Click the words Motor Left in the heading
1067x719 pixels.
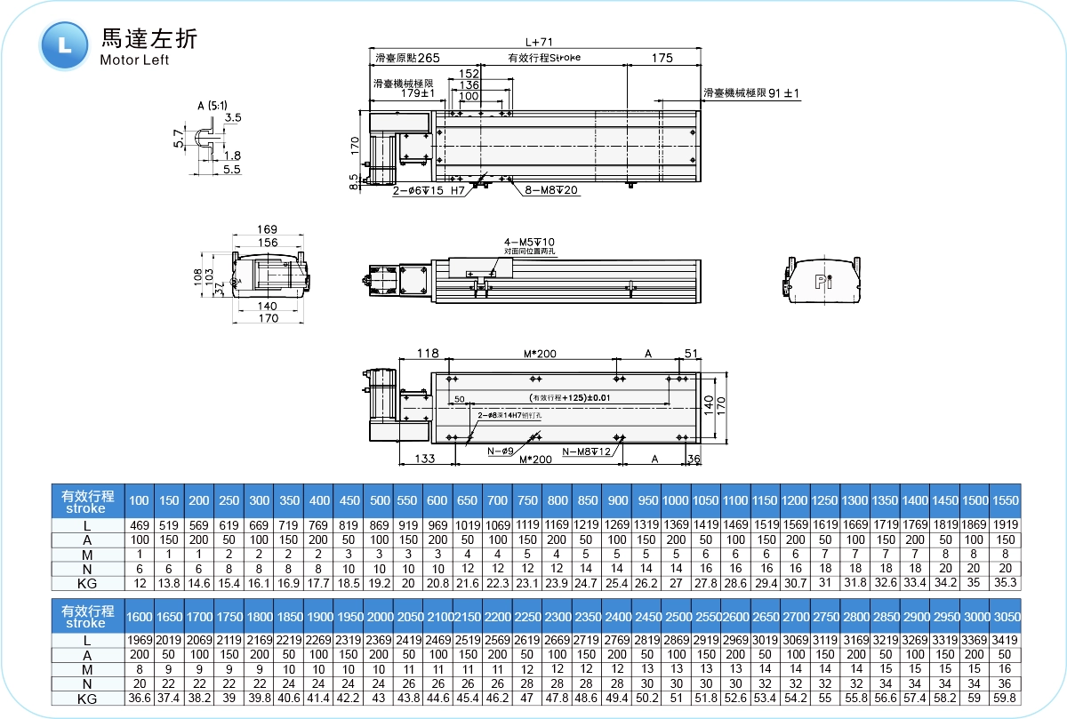134,60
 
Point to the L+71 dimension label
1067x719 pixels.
539,41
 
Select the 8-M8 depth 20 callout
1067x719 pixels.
552,190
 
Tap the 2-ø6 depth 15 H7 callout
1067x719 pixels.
430,190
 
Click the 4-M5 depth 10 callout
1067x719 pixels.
529,242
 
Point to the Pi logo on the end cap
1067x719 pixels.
823,283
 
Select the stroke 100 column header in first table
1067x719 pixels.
140,501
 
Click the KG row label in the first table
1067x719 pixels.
87,583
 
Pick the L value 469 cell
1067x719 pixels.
140,526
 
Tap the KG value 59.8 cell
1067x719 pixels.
1006,699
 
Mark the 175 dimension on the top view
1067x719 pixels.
662,59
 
